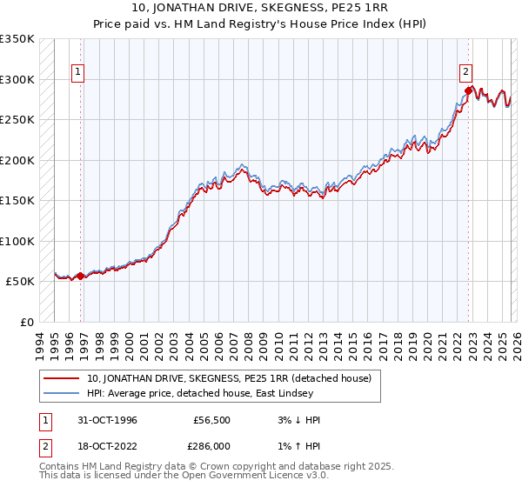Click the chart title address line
[x=261, y=9]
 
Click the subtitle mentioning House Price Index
[x=261, y=23]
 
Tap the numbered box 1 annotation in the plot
[x=78, y=72]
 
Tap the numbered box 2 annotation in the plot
[x=466, y=72]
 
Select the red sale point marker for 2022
[x=468, y=90]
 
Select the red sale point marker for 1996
[x=81, y=276]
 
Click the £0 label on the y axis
[x=24, y=322]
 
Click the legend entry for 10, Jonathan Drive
[x=230, y=378]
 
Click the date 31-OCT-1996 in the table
[x=105, y=420]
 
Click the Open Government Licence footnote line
[x=185, y=476]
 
